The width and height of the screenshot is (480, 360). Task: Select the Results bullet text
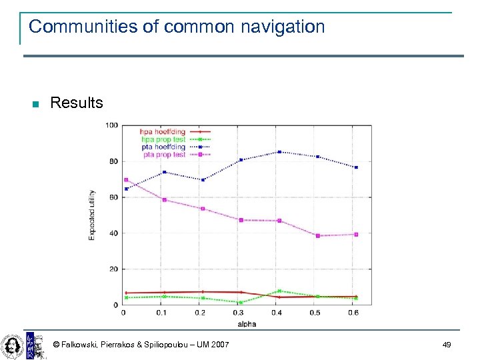[x=77, y=103]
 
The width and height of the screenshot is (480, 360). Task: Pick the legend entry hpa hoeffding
[x=163, y=132]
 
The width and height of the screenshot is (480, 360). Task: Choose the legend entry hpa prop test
[x=163, y=139]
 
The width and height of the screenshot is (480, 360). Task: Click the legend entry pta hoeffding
[x=163, y=147]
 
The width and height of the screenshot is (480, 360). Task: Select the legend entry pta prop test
[x=163, y=155]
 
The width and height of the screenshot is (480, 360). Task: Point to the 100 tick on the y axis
[x=112, y=125]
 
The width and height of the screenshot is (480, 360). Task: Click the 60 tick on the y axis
[x=113, y=197]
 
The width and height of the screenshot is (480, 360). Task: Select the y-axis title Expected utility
[x=92, y=215]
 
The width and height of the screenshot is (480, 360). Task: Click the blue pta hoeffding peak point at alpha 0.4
[x=279, y=152]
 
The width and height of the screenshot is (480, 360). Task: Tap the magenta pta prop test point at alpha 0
[x=125, y=180]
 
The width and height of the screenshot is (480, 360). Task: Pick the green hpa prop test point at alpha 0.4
[x=279, y=291]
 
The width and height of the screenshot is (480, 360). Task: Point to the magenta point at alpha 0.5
[x=318, y=236]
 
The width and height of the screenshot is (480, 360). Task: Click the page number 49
[x=446, y=344]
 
